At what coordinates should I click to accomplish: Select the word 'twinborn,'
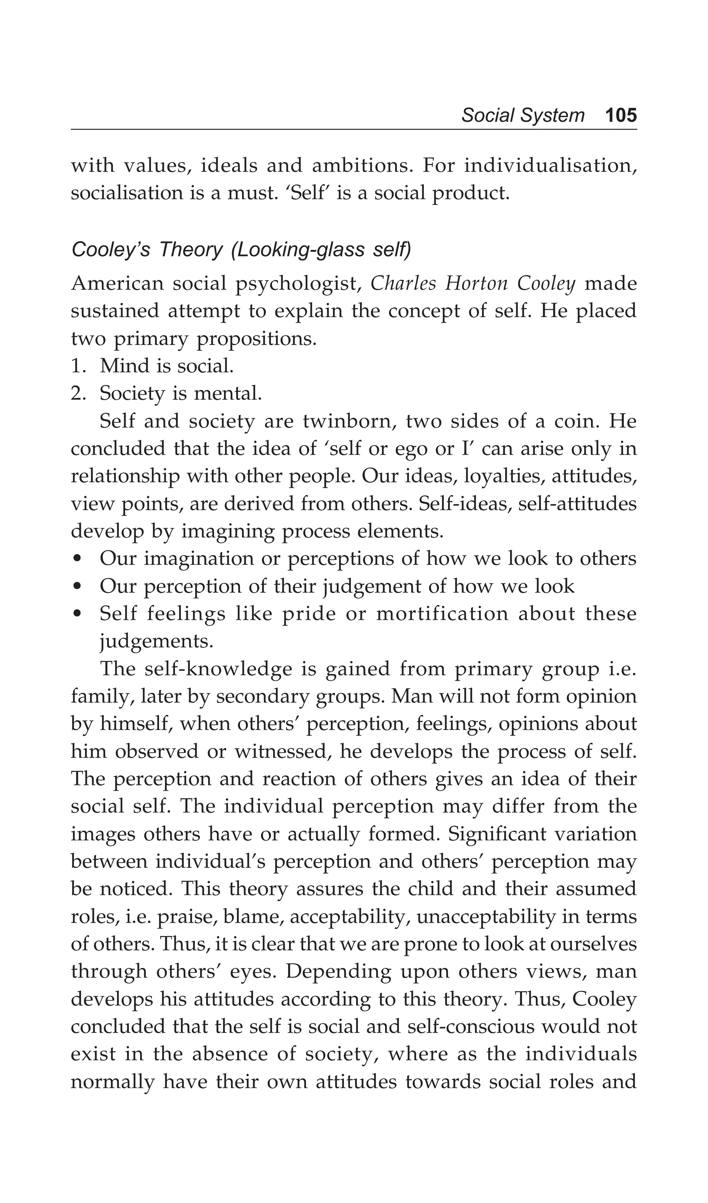(x=349, y=421)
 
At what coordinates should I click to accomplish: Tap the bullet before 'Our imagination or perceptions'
(x=78, y=559)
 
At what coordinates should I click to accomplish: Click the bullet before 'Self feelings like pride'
(x=78, y=614)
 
